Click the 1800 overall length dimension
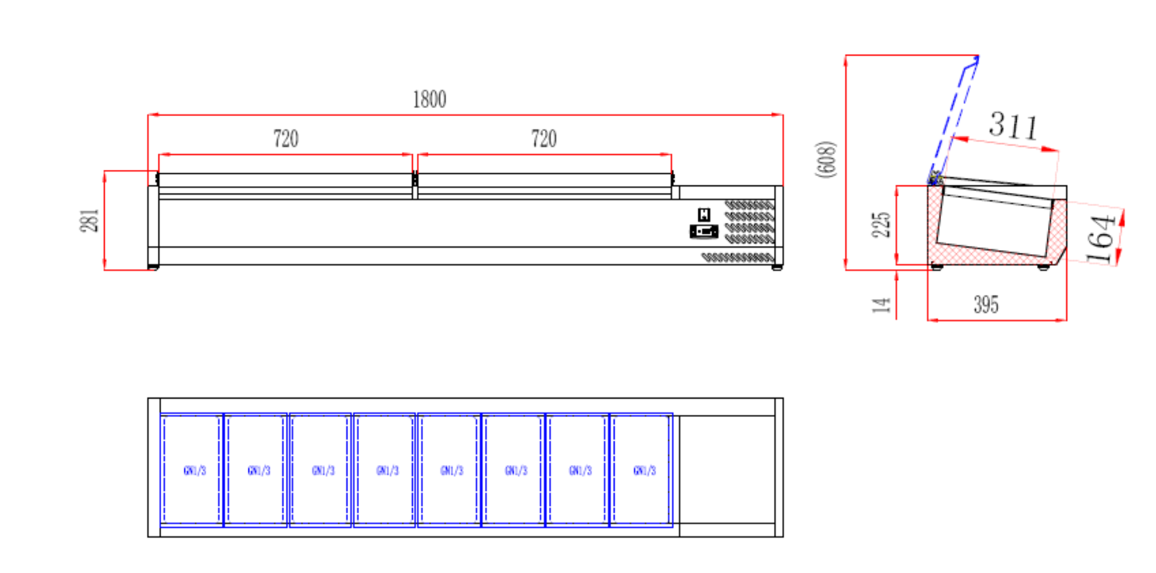pos(429,99)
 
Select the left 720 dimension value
pos(286,139)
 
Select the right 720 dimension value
pos(544,139)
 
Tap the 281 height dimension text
pos(89,221)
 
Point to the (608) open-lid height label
pos(826,159)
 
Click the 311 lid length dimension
pos(1013,125)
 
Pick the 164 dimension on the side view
pos(1100,239)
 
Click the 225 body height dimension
pos(881,224)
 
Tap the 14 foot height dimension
pos(881,305)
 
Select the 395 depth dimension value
pos(986,304)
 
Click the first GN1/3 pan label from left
pos(195,471)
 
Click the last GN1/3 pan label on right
pos(644,471)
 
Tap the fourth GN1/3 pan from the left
pos(387,471)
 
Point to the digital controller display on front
pos(704,232)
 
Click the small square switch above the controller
pos(704,215)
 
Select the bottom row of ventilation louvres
pos(738,257)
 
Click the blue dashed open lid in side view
pos(954,118)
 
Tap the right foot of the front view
pos(777,267)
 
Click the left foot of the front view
pos(153,267)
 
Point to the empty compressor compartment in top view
pos(727,469)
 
